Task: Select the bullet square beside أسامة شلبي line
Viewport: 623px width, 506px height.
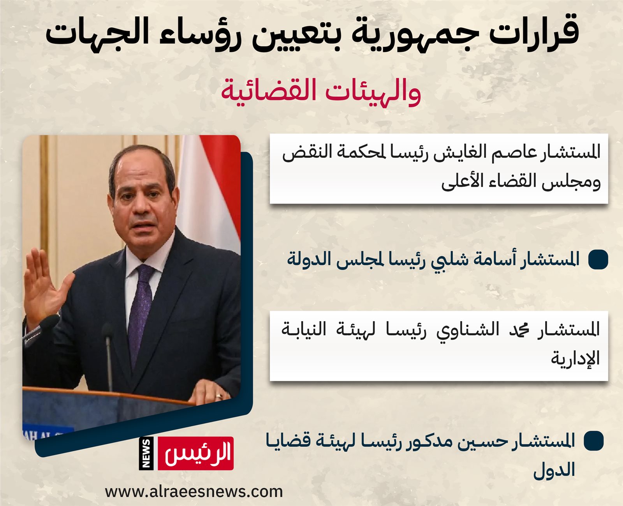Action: [598, 259]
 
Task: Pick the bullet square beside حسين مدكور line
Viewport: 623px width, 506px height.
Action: [593, 441]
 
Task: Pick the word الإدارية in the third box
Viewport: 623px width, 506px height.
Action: [575, 359]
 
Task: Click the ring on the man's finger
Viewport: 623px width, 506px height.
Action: [218, 396]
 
